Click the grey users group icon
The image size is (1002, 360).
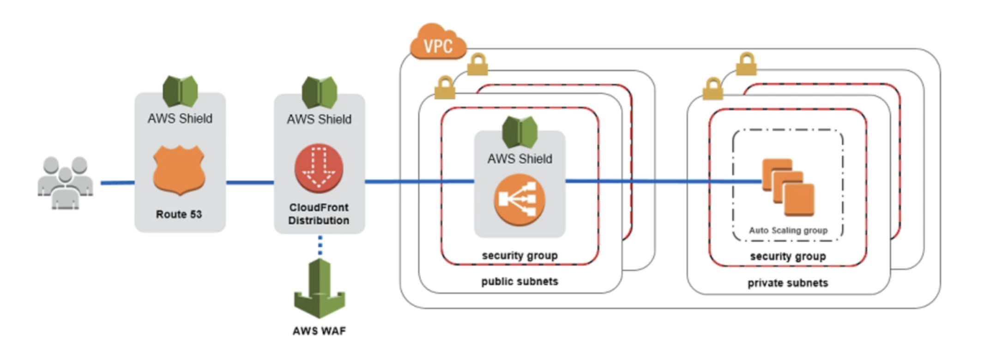(x=65, y=183)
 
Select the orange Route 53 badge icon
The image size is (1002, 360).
(x=179, y=170)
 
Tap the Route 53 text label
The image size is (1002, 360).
(x=179, y=214)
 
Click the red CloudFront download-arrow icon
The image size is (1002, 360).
(x=319, y=168)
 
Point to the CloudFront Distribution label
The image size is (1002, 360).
(x=319, y=214)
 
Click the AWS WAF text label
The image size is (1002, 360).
(x=320, y=331)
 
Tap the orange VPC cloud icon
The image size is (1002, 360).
(x=438, y=43)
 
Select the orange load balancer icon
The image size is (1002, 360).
(x=519, y=199)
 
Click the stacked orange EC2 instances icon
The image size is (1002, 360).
(x=788, y=187)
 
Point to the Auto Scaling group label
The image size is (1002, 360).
(x=788, y=230)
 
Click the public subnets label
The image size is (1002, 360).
(x=519, y=281)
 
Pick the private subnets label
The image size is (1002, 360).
(x=788, y=283)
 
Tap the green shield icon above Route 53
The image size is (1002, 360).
(x=180, y=91)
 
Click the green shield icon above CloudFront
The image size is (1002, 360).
(x=320, y=92)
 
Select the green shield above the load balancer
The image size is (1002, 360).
(x=520, y=132)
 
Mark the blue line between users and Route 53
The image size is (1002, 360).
(x=118, y=183)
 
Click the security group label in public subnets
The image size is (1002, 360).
(x=519, y=255)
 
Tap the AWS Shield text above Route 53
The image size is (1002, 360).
(x=180, y=119)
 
